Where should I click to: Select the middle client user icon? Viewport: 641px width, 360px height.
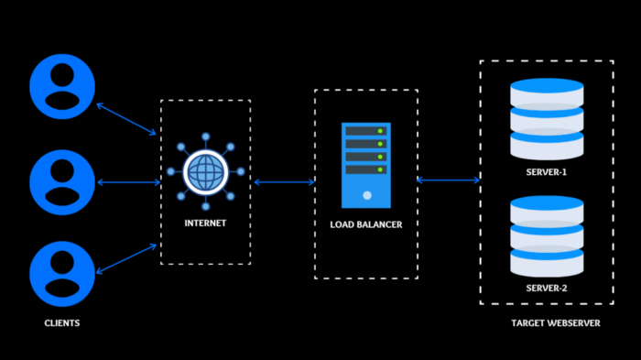[x=61, y=181]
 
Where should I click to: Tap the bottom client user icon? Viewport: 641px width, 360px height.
[x=61, y=273]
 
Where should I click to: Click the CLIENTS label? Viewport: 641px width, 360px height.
[x=61, y=323]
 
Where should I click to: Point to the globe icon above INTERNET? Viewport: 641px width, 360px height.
[x=205, y=171]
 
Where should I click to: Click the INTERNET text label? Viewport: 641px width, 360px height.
[x=205, y=223]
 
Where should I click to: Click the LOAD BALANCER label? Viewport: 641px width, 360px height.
[x=366, y=224]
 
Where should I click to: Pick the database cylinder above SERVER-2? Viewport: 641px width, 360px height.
[x=547, y=235]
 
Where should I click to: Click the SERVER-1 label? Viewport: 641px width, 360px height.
[x=547, y=171]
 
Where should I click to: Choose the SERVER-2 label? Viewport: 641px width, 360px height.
[x=547, y=289]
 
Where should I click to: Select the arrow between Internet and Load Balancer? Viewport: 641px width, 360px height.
[x=284, y=182]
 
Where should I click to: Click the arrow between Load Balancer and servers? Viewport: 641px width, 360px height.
[x=449, y=180]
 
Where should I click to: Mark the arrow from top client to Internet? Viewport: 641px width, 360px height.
[x=126, y=119]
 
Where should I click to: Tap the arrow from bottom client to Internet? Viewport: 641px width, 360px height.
[x=126, y=258]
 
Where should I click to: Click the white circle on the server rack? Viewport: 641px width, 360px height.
[x=366, y=195]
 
